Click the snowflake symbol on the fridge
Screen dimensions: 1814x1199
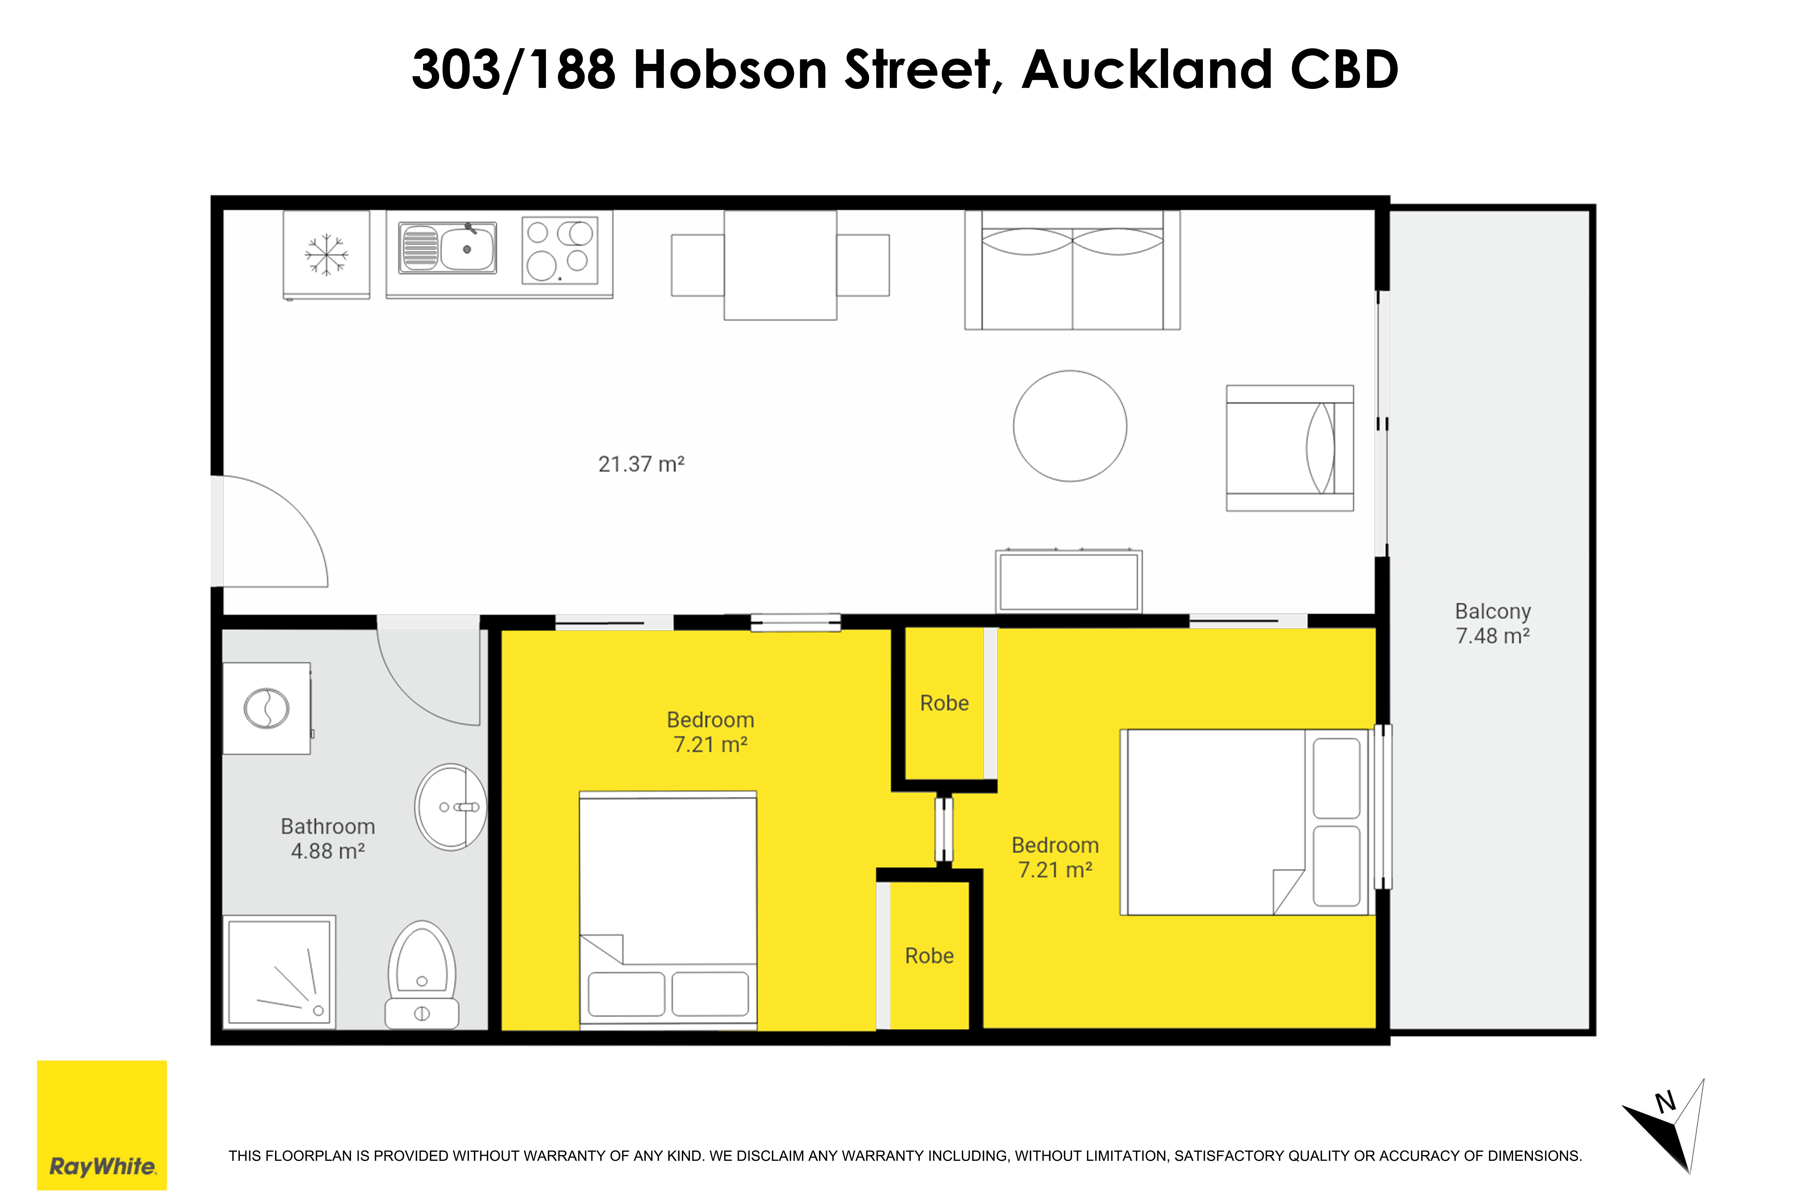pos(327,255)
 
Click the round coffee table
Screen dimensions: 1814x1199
pos(1070,426)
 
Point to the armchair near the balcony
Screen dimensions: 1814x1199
pos(1289,448)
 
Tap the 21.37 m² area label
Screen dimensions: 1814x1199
pos(641,464)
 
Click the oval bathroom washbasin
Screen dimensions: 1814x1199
pos(450,807)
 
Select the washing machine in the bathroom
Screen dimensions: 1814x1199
pos(267,708)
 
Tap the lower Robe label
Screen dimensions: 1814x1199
pos(929,956)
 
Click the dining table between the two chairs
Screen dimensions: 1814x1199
pos(780,265)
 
